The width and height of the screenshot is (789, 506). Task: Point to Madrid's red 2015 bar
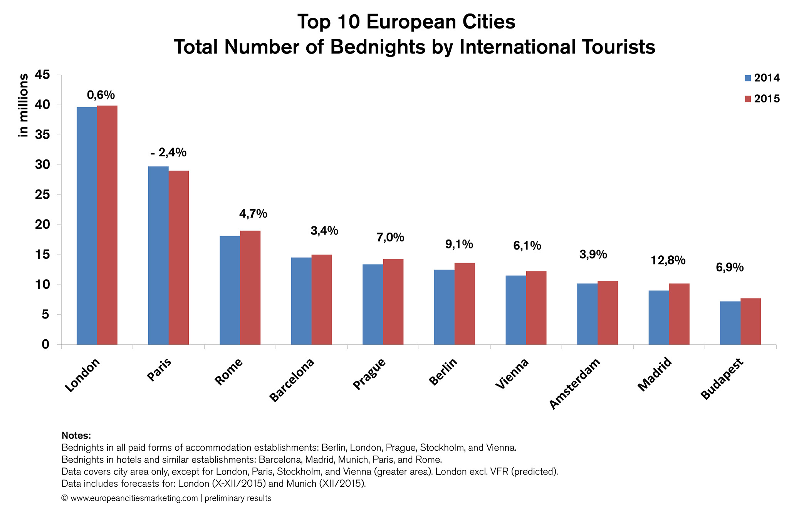[x=679, y=314]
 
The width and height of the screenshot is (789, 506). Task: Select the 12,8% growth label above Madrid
[x=668, y=261]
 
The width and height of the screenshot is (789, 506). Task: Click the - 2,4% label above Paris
[x=168, y=153]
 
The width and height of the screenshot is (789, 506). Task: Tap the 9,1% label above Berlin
[x=459, y=244]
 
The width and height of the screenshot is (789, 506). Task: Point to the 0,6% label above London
[x=101, y=95]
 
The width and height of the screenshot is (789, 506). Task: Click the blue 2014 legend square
[x=748, y=78]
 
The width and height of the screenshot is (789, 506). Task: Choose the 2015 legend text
[x=767, y=99]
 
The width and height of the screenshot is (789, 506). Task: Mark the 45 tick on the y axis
[x=42, y=75]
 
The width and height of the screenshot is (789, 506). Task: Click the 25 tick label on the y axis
[x=42, y=195]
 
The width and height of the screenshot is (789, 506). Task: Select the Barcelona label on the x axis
[x=292, y=380]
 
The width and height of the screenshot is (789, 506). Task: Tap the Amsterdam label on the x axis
[x=574, y=384]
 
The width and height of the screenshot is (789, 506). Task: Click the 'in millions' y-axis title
[x=24, y=105]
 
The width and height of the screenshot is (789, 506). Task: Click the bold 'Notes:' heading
[x=76, y=436]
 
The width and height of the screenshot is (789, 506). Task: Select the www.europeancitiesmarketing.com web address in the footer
[x=134, y=498]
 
